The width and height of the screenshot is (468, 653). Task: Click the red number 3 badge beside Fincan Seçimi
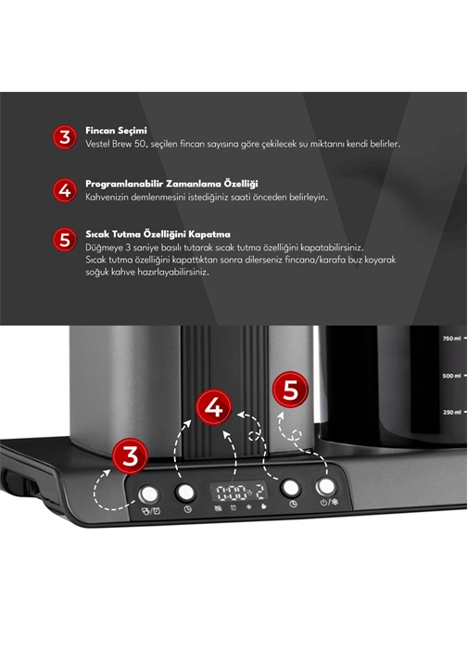point(65,137)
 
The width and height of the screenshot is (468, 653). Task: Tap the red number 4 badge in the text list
point(65,190)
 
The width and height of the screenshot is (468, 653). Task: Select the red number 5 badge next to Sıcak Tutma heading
point(65,239)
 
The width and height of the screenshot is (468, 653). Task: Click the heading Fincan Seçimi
point(116,131)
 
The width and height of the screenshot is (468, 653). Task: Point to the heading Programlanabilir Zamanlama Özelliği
point(171,184)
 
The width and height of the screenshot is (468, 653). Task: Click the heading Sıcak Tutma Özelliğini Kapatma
point(158,234)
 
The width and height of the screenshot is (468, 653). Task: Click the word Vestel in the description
point(97,144)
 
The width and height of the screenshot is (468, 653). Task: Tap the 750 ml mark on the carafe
point(451,339)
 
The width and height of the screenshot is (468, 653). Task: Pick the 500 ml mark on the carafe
point(451,376)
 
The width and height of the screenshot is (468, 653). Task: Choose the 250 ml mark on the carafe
point(451,412)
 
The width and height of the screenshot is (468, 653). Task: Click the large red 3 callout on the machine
point(131,456)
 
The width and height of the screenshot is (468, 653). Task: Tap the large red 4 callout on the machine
point(214,407)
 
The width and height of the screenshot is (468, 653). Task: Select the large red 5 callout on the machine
point(290,390)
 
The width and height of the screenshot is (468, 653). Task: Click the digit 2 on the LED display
point(259,492)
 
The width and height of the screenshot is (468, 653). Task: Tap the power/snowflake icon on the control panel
point(329,502)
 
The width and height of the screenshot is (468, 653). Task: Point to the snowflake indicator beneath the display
point(248,506)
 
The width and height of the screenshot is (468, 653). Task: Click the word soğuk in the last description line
point(97,273)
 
